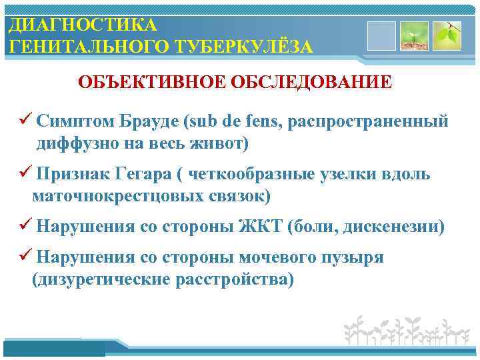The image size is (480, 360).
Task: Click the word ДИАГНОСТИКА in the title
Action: coord(83,25)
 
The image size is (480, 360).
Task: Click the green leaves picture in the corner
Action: coord(447,35)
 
